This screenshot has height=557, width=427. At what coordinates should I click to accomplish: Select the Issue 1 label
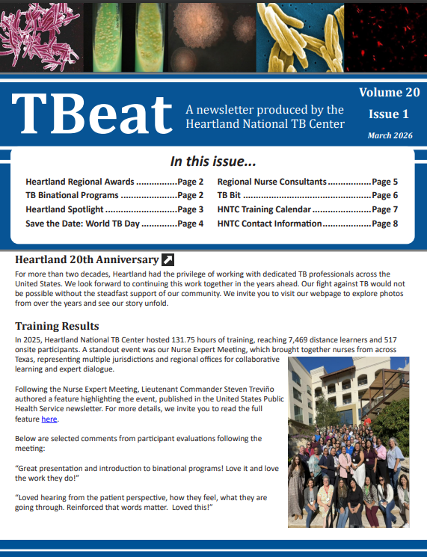pos(389,114)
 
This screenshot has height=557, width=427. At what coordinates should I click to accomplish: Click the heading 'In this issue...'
pos(213,161)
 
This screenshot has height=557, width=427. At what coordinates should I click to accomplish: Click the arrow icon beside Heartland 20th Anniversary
pos(168,260)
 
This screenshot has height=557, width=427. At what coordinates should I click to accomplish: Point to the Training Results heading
pos(57,326)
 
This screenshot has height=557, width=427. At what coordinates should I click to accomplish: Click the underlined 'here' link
pos(49,419)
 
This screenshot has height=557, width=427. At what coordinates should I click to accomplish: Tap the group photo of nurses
pos(348,432)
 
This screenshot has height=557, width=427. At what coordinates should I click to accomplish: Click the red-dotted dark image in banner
pos(385,35)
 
